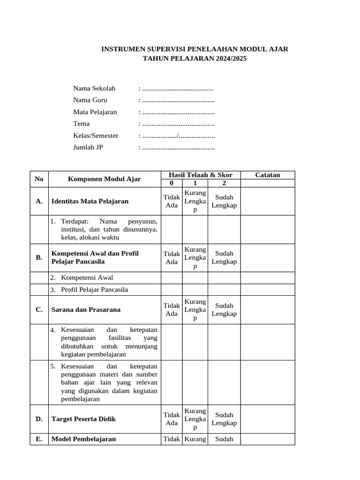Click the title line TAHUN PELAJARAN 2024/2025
[x=195, y=59]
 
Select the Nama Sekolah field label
[x=94, y=88]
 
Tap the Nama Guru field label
[x=90, y=100]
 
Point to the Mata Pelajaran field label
[x=95, y=112]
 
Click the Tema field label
[x=81, y=124]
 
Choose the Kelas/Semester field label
[x=96, y=135]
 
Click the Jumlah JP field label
[x=88, y=148]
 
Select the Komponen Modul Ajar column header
[x=104, y=179]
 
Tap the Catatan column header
[x=267, y=175]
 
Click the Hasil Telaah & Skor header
[x=200, y=175]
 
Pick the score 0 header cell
[x=172, y=183]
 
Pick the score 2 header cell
[x=224, y=183]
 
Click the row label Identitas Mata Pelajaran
[x=90, y=201]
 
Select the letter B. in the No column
[x=39, y=257]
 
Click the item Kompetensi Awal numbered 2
[x=87, y=277]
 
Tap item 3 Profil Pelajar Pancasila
[x=94, y=289]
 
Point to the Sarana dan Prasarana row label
[x=86, y=309]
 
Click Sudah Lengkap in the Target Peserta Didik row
[x=224, y=419]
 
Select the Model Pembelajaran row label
[x=83, y=439]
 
